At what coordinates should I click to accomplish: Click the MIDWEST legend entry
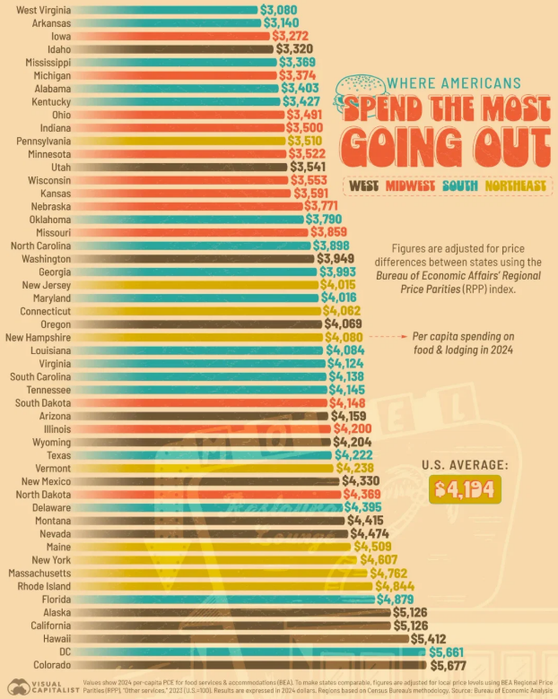tap(410, 186)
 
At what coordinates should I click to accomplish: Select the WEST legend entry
tap(363, 186)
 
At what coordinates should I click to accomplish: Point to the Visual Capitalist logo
tap(37, 686)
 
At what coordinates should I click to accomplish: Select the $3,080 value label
tap(278, 9)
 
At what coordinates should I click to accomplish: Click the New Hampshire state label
tap(39, 337)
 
